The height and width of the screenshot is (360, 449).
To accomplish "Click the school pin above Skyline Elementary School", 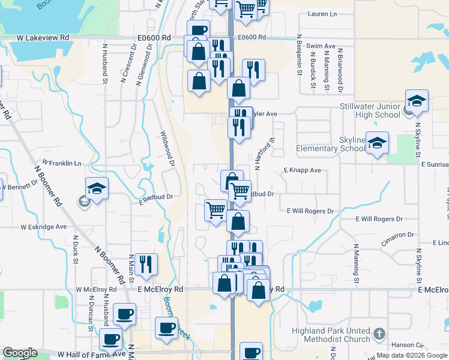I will [377, 143].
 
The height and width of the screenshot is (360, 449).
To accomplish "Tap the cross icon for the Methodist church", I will [379, 333].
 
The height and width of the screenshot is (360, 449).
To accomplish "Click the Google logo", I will [20, 353].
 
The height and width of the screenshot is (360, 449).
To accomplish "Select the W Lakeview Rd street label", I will [43, 37].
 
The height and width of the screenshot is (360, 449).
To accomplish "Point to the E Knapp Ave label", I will [302, 170].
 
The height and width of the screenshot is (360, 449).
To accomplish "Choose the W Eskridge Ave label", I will [44, 227].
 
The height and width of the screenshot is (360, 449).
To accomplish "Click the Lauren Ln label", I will [322, 14].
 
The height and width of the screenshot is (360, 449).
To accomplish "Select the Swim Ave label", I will [321, 46].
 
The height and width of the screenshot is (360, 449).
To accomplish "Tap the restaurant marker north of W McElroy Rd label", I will [146, 264].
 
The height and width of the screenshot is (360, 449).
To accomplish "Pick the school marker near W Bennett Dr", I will [97, 188].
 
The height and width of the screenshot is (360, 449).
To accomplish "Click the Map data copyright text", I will [411, 355].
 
